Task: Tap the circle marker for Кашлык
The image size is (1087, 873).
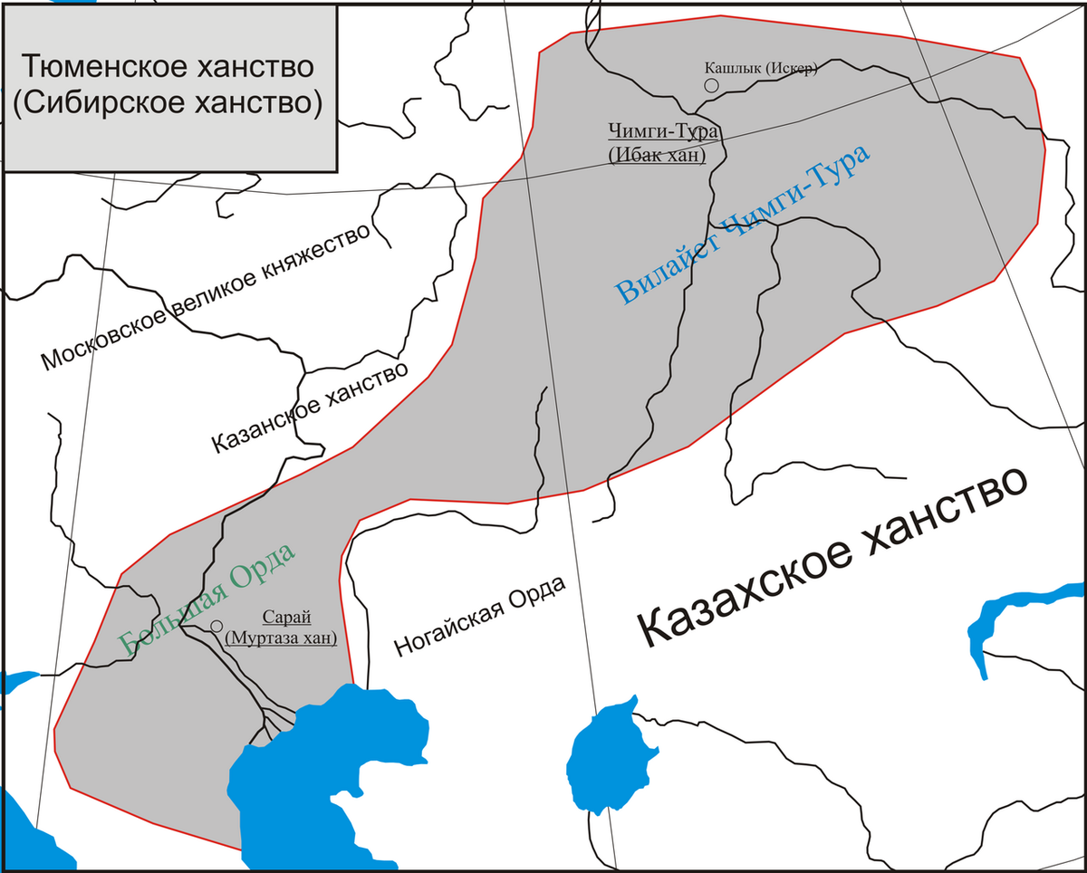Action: click(x=711, y=84)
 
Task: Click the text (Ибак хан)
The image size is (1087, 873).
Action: click(x=657, y=155)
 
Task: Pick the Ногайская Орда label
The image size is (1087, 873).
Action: click(x=480, y=616)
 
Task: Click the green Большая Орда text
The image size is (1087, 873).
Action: click(x=207, y=597)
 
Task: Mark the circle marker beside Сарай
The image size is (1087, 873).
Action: click(x=216, y=626)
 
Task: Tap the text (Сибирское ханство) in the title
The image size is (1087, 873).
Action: click(x=168, y=102)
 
